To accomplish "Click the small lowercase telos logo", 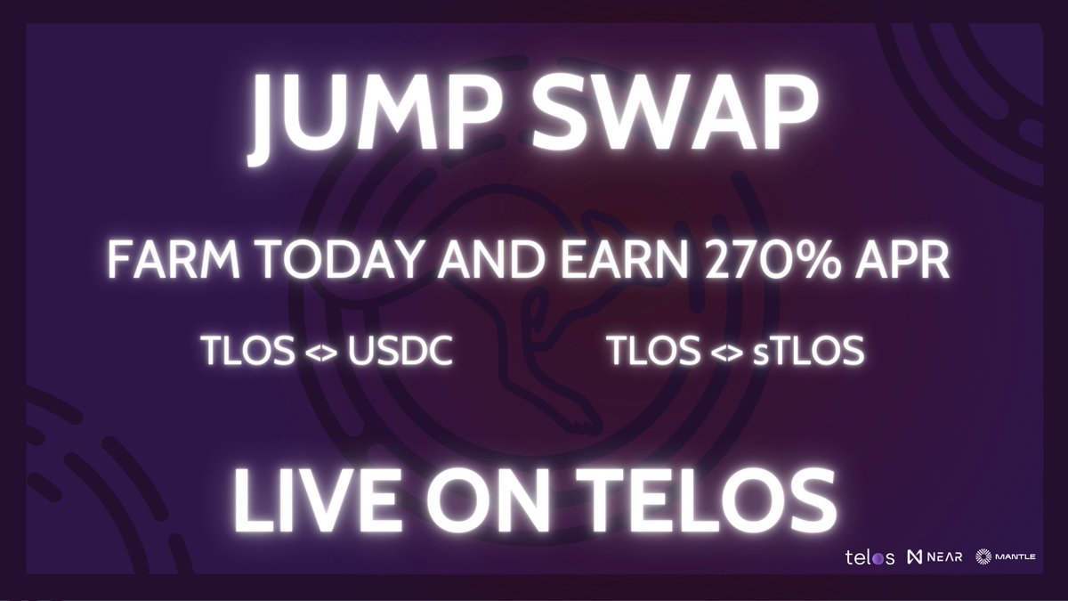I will point(869,558).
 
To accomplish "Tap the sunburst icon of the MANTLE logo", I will point(983,558).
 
